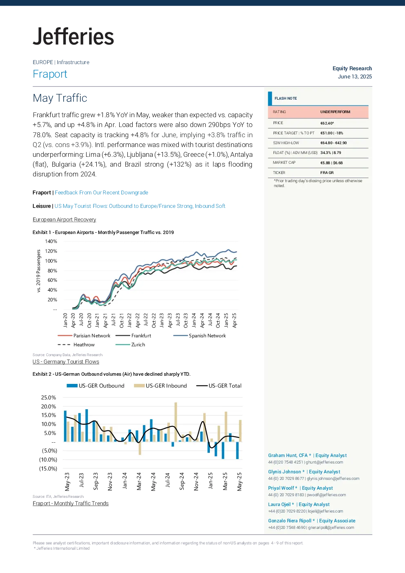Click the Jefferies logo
tap(73, 37)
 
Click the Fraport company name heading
tap(50, 74)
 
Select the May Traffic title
tap(60, 98)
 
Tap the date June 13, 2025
tap(355, 76)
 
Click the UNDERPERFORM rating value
tap(335, 112)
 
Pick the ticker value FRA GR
tap(327, 173)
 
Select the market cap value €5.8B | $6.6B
tap(332, 163)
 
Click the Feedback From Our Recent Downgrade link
tap(102, 192)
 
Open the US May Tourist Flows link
tap(140, 206)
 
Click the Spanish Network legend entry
tap(199, 336)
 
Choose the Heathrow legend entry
tap(76, 345)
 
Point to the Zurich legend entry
tap(130, 345)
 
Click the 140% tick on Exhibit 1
tap(51, 241)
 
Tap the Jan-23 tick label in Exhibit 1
tap(162, 320)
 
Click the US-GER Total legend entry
tap(218, 386)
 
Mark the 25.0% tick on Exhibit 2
tap(49, 397)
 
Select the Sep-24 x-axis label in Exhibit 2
tap(182, 482)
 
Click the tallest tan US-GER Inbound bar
tap(176, 422)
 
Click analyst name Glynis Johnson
tap(284, 472)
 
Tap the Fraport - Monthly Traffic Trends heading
tap(71, 503)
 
